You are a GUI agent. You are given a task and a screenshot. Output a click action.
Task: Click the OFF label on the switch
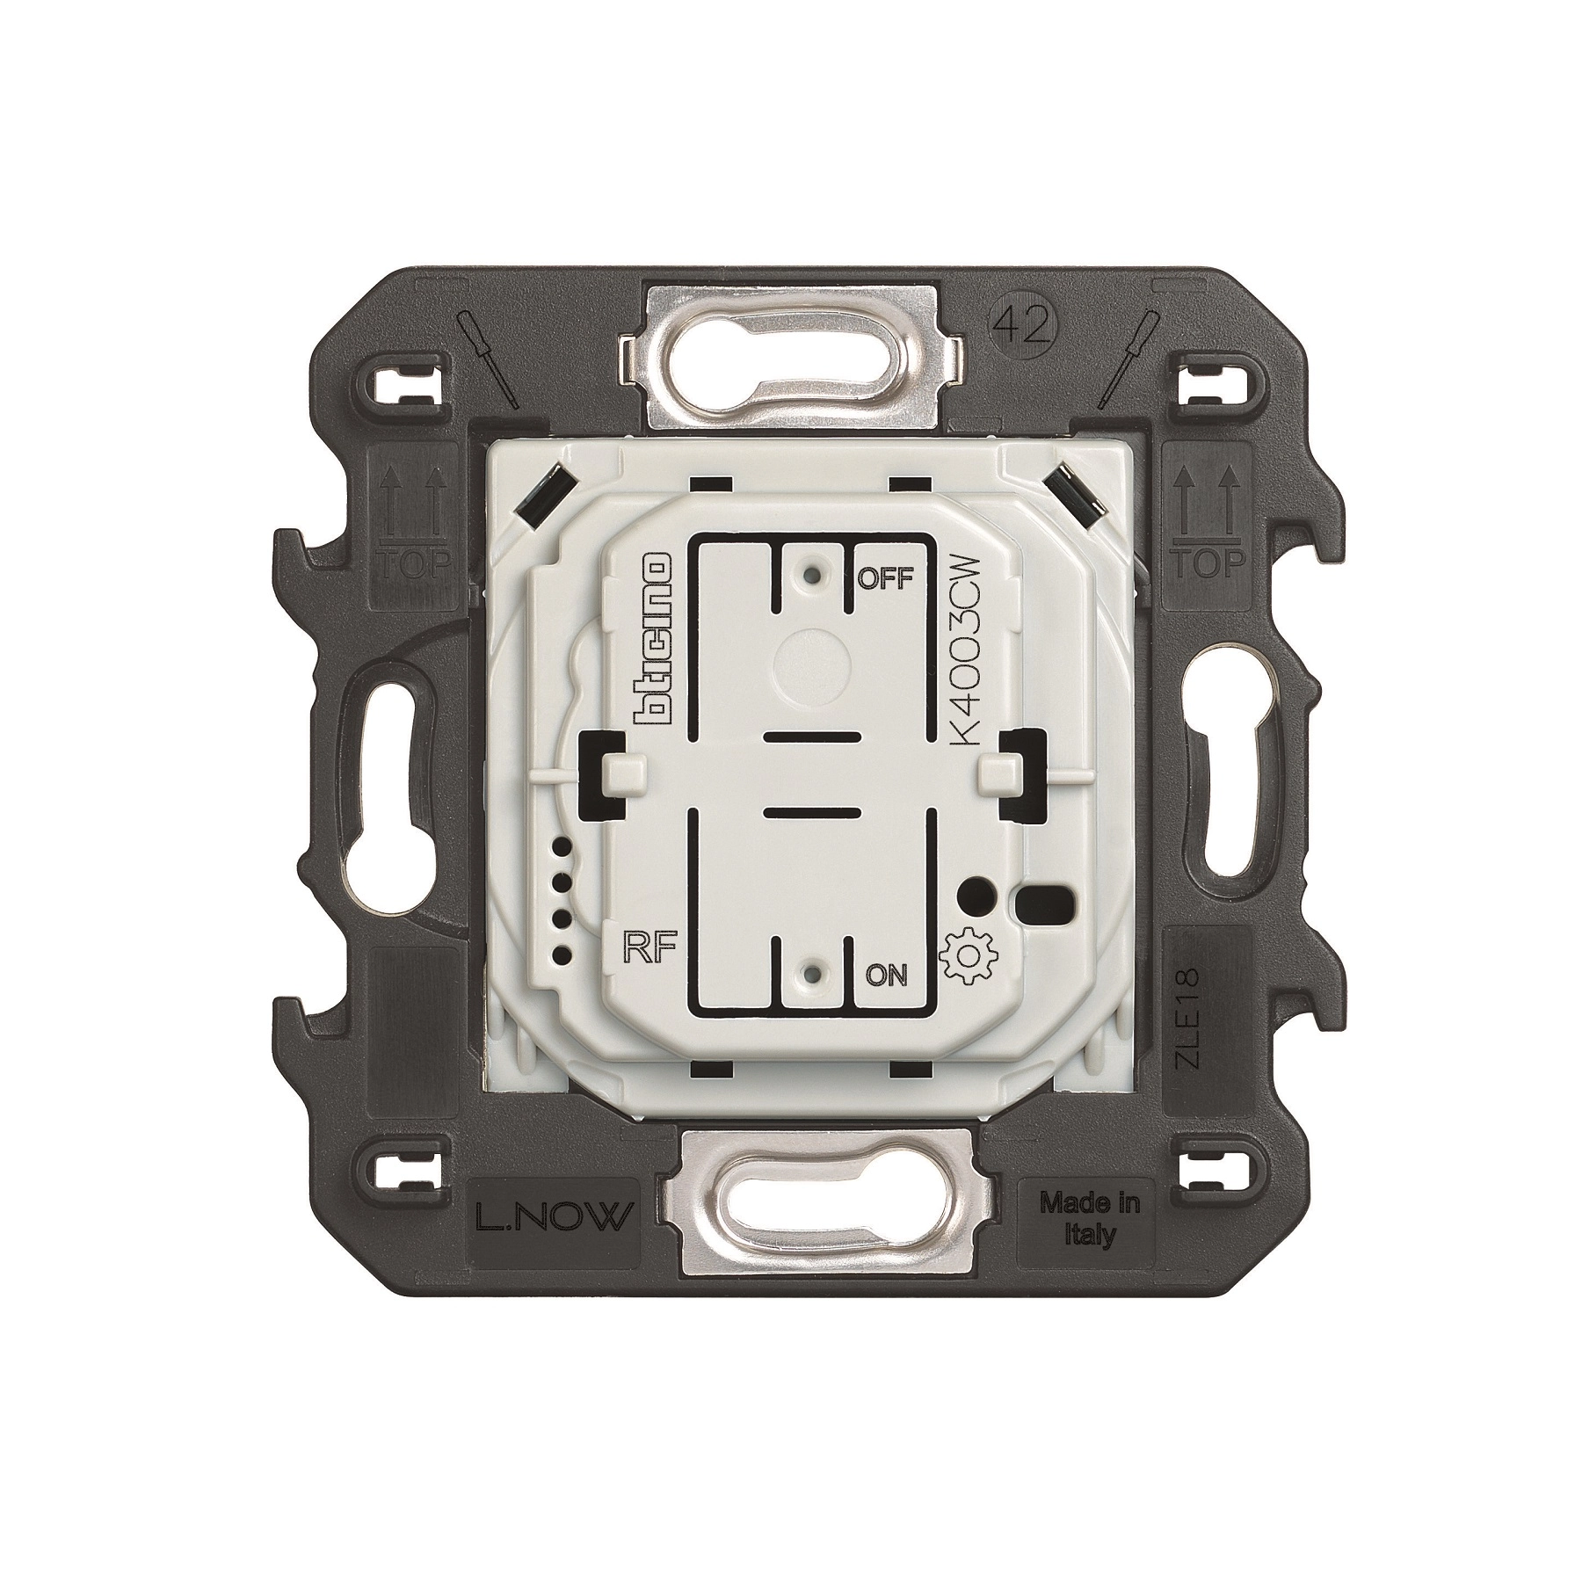[x=886, y=578]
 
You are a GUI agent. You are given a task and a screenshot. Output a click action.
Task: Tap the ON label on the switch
[x=886, y=976]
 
